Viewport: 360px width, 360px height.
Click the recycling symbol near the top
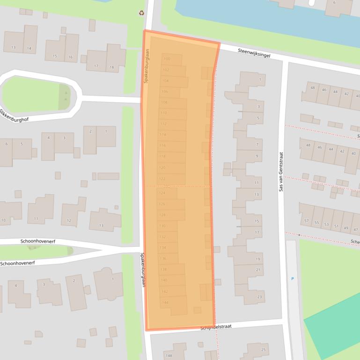pyautogui.click(x=142, y=13)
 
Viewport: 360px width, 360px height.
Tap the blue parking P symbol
pyautogui.click(x=293, y=279)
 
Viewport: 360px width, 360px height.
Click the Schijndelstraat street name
pyautogui.click(x=216, y=327)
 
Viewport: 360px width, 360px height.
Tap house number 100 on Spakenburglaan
pyautogui.click(x=166, y=59)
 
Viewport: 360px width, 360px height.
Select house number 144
pyautogui.click(x=165, y=302)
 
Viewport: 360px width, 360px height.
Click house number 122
pyautogui.click(x=162, y=179)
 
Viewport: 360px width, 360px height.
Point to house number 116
pyautogui.click(x=162, y=145)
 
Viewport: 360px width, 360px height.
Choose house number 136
pyautogui.click(x=163, y=259)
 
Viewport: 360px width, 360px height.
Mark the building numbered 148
pyautogui.click(x=169, y=356)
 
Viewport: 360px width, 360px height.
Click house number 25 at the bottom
pyautogui.click(x=263, y=350)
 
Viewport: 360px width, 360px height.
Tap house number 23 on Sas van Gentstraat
pyautogui.click(x=259, y=296)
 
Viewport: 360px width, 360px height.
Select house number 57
pyautogui.click(x=306, y=221)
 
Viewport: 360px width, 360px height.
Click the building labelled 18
pyautogui.click(x=111, y=67)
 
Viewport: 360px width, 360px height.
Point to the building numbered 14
pyautogui.click(x=29, y=48)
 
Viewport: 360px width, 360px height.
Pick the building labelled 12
pyautogui.click(x=69, y=220)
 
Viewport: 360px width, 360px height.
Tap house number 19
pyautogui.click(x=257, y=259)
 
